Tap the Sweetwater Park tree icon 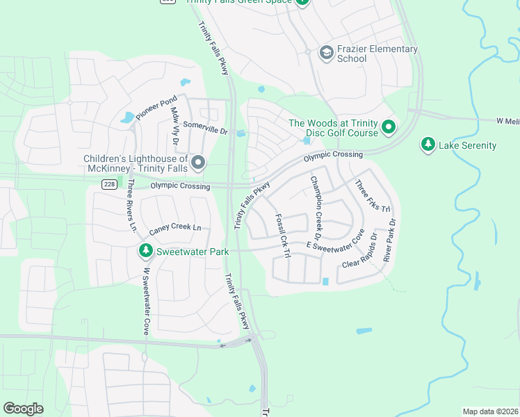coord(145,251)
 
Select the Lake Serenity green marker coord(428,145)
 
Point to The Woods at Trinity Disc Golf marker coord(389,128)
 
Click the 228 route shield coord(108,183)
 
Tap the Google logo coord(23,409)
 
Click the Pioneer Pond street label coord(157,110)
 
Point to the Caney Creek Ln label coord(174,228)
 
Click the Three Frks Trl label coord(374,197)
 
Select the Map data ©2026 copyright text coord(490,411)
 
